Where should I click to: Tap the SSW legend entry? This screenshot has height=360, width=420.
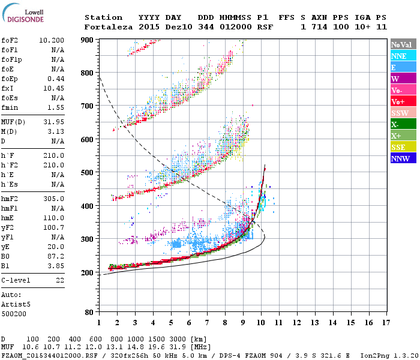tap(400, 113)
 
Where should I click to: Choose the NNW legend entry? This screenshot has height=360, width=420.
tap(400, 158)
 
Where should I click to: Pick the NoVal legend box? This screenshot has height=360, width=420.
tap(401, 44)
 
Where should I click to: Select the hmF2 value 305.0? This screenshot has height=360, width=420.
tap(53, 199)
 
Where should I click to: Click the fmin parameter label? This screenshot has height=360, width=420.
tap(10, 107)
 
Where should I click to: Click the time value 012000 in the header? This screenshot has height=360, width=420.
tap(235, 27)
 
